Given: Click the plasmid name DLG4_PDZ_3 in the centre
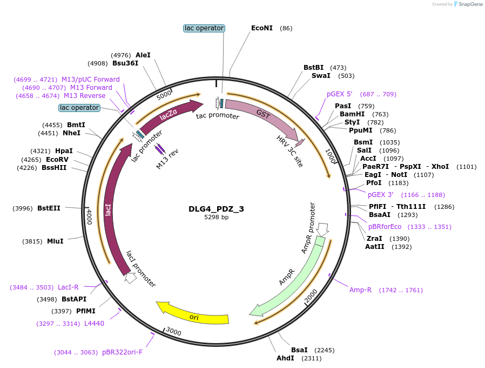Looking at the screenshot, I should pos(216,209).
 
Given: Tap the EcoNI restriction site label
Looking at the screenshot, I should pos(262,28).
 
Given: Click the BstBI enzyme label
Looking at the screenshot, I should pos(313,68).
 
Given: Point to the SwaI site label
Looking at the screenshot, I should pos(321,76).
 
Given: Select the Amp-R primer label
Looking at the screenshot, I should pos(360,290).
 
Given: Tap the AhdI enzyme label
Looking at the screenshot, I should pos(285,358).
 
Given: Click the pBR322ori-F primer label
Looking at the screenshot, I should pos(122,352).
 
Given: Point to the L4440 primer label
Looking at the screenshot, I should pos(94,324).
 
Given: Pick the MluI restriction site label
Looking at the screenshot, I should pos(55,241).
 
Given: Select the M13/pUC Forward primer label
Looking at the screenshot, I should pos(91,80).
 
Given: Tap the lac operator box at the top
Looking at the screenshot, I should pos(204,28).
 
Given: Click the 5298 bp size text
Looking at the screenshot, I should pos(216,218).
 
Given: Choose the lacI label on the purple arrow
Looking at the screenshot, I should pos(109,209).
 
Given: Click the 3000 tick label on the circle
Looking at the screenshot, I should pos(173,331).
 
